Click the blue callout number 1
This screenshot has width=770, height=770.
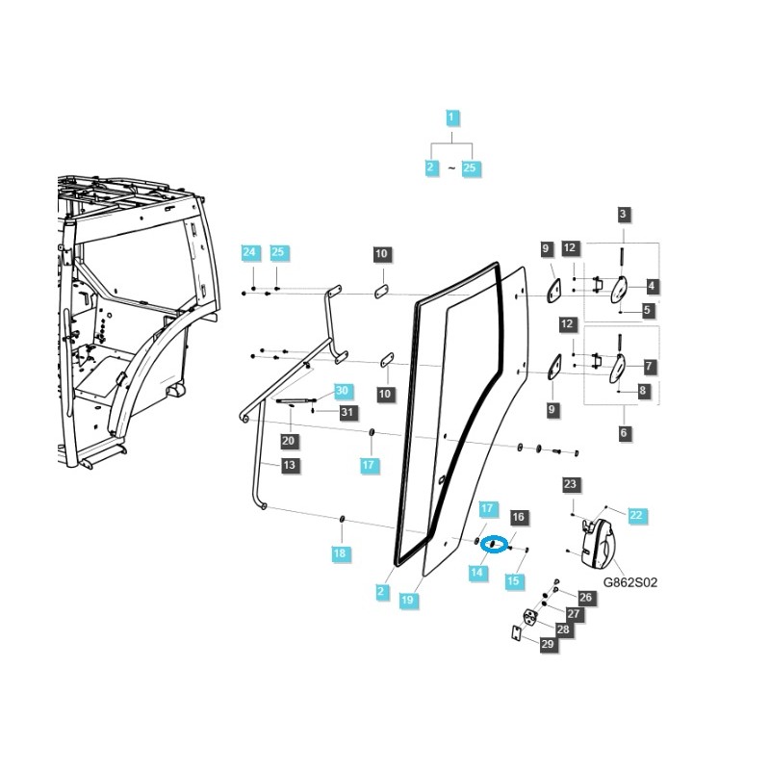point(452,119)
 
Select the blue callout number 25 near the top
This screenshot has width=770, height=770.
point(470,167)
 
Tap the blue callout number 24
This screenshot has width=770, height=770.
point(249,253)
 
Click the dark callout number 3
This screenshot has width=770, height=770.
point(624,215)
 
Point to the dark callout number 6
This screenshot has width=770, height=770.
point(624,434)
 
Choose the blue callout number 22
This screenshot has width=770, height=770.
point(636,515)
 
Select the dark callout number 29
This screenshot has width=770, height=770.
point(548,644)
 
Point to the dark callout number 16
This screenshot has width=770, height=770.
point(517,518)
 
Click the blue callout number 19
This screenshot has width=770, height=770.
point(407,600)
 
